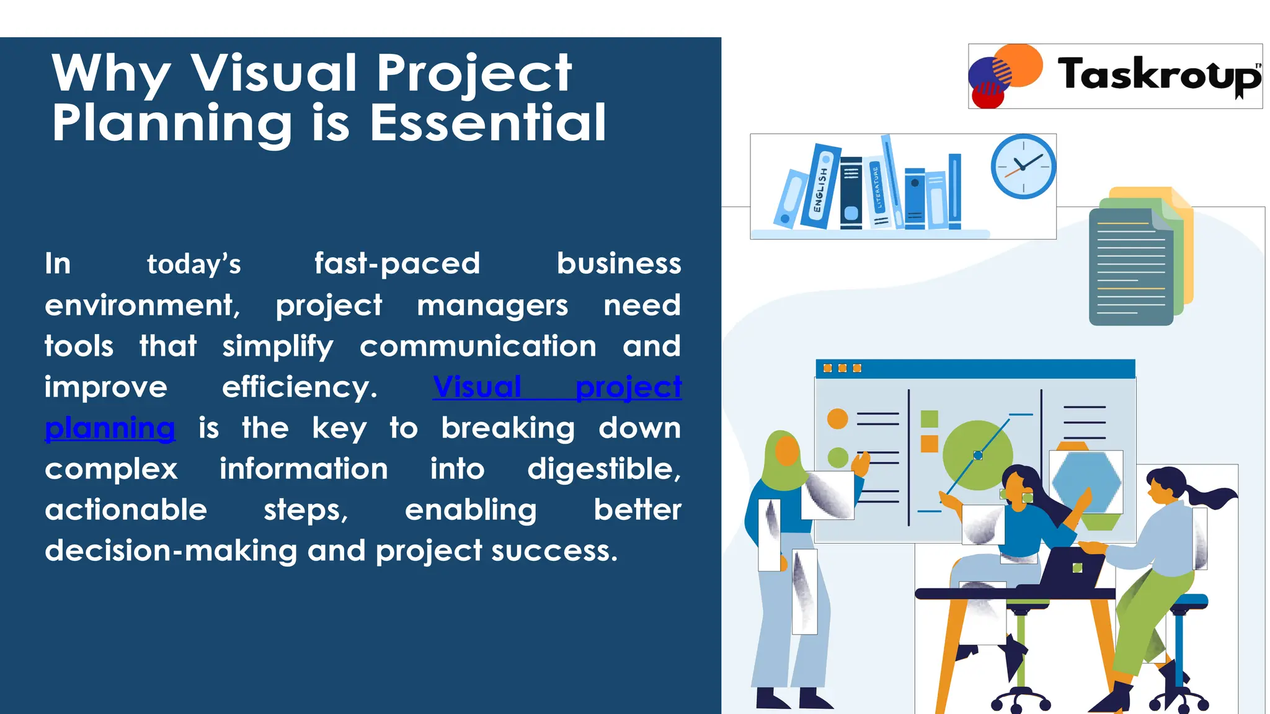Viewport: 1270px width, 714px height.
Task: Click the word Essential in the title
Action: (x=487, y=123)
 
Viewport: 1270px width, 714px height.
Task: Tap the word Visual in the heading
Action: (x=273, y=73)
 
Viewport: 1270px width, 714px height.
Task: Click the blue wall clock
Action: (x=1023, y=166)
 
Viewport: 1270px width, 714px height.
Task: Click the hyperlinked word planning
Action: (x=110, y=428)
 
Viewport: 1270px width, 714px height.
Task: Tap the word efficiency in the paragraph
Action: (x=300, y=387)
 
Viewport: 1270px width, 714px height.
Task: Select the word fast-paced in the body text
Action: (x=397, y=264)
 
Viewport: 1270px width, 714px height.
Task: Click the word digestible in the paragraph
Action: (x=603, y=469)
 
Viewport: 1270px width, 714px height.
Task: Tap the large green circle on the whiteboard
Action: (x=976, y=455)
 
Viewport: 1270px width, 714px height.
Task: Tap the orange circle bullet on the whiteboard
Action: (x=837, y=418)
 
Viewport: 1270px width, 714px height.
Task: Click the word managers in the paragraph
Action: (x=492, y=306)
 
